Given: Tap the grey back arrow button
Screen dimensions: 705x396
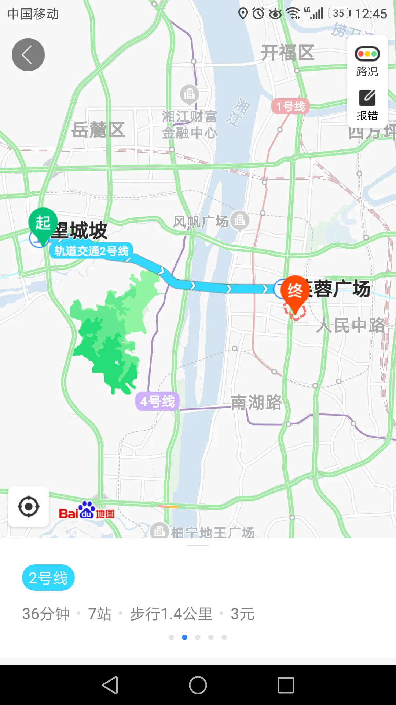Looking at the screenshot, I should [28, 55].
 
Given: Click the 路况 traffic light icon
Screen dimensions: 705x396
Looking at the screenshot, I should [367, 54].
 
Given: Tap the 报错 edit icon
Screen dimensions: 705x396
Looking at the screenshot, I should [367, 98].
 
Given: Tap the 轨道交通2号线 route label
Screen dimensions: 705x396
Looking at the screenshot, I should [91, 251].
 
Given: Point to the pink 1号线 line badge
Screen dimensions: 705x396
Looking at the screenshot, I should [290, 106].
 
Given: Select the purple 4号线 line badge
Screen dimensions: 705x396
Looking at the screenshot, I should [158, 401].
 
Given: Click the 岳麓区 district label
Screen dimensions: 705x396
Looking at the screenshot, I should [98, 130].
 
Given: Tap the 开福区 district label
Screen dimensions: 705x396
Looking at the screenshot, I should [287, 53].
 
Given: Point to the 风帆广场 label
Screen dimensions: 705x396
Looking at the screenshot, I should [201, 222].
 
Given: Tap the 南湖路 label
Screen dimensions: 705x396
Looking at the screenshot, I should [256, 402].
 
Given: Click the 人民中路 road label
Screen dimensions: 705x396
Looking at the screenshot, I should [351, 325].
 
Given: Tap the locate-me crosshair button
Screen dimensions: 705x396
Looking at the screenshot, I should [29, 507].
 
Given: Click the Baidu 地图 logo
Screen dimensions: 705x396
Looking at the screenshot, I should [87, 511].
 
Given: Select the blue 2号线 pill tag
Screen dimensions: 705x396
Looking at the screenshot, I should [48, 578].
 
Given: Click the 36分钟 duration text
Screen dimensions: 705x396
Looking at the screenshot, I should [46, 614].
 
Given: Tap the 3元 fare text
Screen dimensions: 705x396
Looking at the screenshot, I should [242, 614].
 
